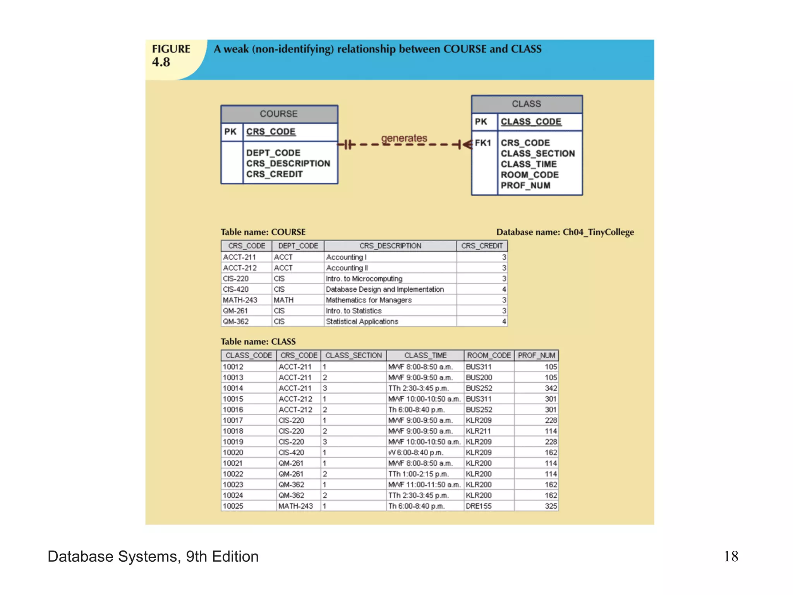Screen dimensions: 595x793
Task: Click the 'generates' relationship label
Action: coord(404,138)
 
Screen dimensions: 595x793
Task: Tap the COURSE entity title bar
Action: coord(279,114)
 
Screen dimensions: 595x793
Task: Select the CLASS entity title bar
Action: coord(526,104)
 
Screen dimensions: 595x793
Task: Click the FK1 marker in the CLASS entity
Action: coord(483,143)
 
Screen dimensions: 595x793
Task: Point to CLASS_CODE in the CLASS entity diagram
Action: coord(531,122)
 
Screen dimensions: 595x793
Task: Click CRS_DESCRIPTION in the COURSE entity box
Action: coord(288,163)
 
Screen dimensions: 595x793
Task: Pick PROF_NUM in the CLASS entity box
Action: coord(525,186)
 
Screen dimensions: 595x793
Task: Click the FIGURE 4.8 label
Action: coord(171,55)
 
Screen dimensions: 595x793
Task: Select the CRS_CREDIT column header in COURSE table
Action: coord(482,246)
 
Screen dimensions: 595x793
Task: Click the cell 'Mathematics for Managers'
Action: coord(369,300)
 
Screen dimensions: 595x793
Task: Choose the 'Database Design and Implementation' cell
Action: coord(385,289)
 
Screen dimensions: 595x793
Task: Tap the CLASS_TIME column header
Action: coord(425,356)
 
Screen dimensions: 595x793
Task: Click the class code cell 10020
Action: coord(233,452)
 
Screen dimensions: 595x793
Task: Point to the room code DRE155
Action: coord(479,506)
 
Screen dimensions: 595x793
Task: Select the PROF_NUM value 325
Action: coord(551,506)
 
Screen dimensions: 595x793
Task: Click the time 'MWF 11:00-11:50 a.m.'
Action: coord(424,485)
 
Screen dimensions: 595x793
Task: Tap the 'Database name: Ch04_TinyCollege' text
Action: coord(565,232)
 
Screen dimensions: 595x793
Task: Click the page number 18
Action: coord(731,557)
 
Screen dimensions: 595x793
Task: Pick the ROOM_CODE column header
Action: coord(489,356)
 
